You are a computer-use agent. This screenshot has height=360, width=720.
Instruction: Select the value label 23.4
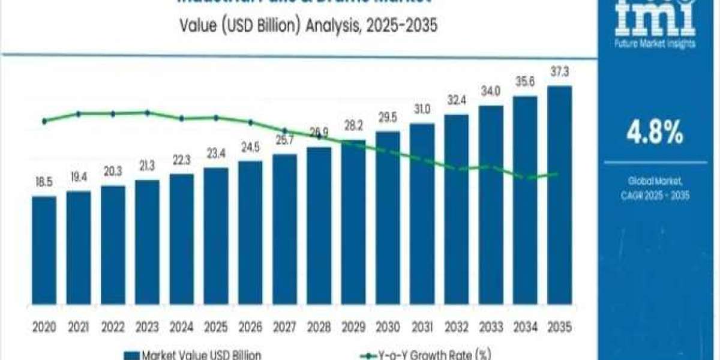[216, 155]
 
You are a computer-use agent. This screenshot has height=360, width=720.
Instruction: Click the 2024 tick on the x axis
[181, 328]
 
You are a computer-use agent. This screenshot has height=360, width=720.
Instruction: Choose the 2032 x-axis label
[456, 328]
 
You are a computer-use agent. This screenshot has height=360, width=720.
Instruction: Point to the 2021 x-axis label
[79, 328]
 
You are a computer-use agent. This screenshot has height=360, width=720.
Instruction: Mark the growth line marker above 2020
[44, 121]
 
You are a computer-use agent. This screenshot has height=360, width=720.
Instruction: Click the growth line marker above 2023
[147, 113]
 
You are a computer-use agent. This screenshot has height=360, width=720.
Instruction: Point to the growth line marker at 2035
[558, 174]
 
